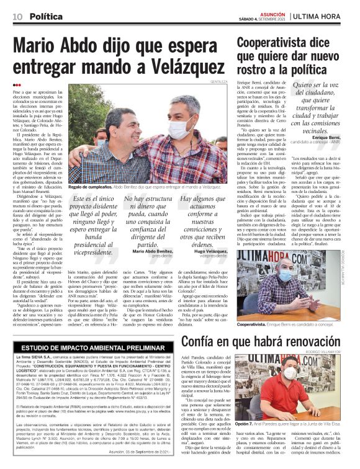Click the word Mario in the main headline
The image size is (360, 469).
tap(38, 47)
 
